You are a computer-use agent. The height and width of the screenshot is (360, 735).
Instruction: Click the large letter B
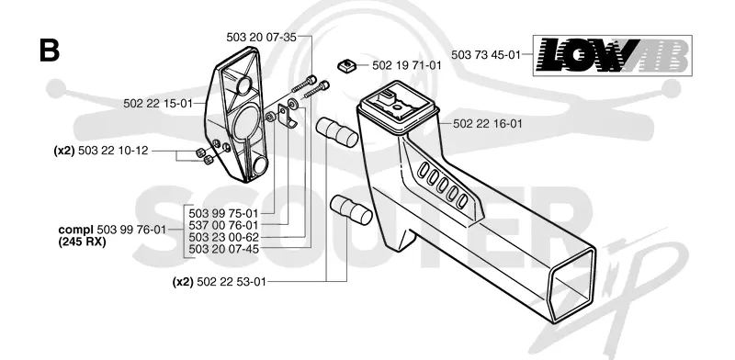[50, 51]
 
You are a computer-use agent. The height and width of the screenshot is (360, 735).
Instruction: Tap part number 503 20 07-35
[261, 38]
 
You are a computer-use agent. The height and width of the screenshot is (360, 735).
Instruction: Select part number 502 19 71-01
[407, 65]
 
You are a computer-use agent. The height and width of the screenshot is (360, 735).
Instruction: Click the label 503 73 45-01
[486, 54]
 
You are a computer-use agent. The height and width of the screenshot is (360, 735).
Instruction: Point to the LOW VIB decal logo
[613, 55]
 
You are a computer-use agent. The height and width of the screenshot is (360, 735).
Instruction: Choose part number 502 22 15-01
[158, 103]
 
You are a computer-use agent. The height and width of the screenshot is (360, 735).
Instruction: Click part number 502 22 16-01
[488, 124]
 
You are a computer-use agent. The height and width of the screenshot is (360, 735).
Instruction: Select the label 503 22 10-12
[113, 151]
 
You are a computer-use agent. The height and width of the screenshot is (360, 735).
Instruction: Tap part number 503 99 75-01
[223, 213]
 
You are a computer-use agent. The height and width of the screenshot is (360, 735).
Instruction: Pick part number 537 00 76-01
[223, 226]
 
